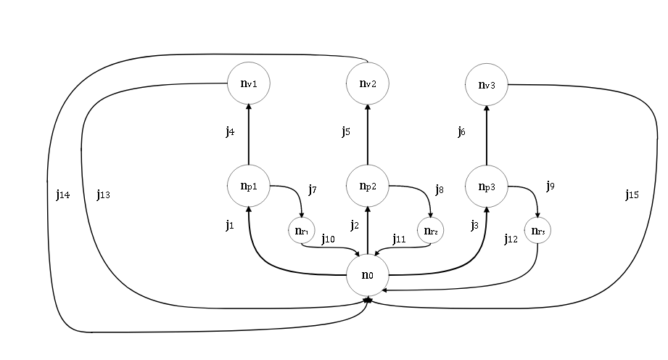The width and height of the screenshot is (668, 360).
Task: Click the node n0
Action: pyautogui.click(x=368, y=274)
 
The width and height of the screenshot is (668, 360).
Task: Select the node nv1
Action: pyautogui.click(x=249, y=83)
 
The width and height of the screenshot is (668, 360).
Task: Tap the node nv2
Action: pyautogui.click(x=368, y=83)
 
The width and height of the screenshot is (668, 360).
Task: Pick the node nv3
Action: pyautogui.click(x=487, y=84)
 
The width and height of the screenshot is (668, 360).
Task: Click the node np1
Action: pyautogui.click(x=249, y=186)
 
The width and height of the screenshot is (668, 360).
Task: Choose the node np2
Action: pyautogui.click(x=368, y=186)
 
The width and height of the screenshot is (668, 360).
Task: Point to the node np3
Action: pyautogui.click(x=487, y=186)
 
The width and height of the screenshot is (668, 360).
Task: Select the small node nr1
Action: pyautogui.click(x=301, y=232)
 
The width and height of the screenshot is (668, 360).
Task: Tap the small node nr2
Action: pyautogui.click(x=430, y=232)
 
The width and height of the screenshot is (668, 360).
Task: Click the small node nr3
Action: pyautogui.click(x=537, y=232)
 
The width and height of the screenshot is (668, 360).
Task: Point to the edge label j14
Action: pyautogui.click(x=62, y=195)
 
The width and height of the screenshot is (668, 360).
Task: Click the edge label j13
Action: pyautogui.click(x=102, y=195)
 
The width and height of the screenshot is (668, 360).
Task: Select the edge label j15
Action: pyautogui.click(x=632, y=195)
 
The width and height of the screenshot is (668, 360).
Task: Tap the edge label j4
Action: pyautogui.click(x=229, y=131)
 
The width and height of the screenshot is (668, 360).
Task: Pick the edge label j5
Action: pyautogui.click(x=347, y=131)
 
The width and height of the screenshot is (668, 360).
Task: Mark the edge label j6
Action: pyautogui.click(x=461, y=131)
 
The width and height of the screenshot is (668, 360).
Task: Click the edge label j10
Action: pyautogui.click(x=328, y=239)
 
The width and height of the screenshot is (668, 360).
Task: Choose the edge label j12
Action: pyautogui.click(x=511, y=239)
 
